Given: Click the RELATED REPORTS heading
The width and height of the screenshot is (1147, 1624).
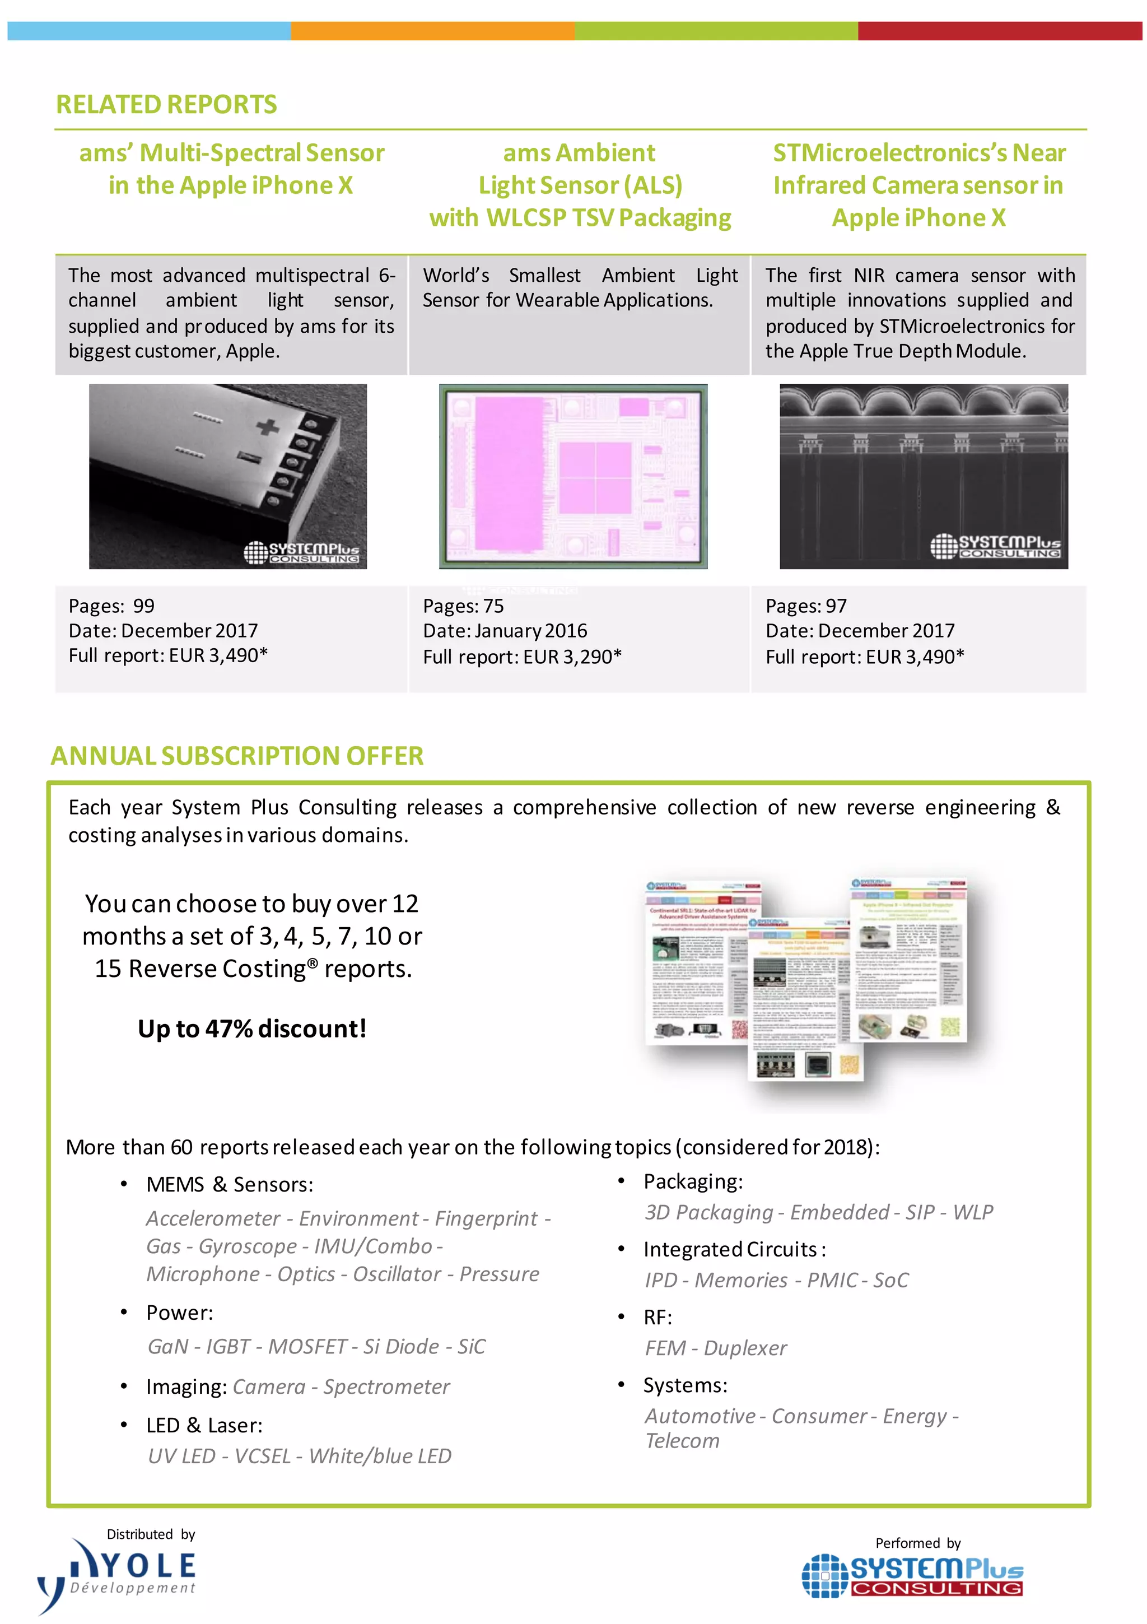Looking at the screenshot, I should tap(166, 105).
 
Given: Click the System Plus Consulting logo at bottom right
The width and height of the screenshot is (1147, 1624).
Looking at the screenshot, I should tap(912, 1576).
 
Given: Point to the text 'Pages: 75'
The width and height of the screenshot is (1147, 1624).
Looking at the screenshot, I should tap(463, 606).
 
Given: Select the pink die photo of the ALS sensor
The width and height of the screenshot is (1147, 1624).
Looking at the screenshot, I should tap(573, 476).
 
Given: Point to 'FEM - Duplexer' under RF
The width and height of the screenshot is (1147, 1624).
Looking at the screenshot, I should tap(715, 1348).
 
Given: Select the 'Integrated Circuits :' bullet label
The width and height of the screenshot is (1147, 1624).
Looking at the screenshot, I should tap(734, 1249).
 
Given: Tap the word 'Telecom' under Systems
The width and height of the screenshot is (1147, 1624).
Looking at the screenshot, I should tap(682, 1441).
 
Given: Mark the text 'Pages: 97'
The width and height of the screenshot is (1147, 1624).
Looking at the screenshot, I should tap(805, 606).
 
